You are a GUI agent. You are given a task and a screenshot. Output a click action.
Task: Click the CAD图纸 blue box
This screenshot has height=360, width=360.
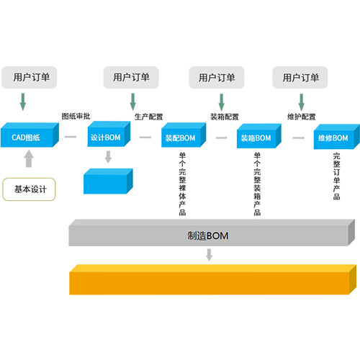(30, 135)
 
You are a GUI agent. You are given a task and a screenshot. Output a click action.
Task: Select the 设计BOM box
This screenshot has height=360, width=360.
(109, 134)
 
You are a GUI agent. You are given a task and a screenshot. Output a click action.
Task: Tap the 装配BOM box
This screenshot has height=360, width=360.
(184, 135)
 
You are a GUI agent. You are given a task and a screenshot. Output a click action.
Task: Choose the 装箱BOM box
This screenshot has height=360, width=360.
(258, 136)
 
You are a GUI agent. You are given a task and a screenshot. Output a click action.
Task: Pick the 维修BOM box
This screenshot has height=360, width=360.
(336, 137)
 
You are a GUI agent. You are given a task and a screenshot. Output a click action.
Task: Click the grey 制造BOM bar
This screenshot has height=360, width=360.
(212, 233)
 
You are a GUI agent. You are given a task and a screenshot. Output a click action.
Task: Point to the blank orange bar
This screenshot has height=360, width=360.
(212, 279)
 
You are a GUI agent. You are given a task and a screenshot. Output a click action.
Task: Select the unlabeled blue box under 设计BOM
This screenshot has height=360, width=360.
(108, 181)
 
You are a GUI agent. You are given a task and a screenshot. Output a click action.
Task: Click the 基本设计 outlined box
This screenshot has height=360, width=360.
(29, 189)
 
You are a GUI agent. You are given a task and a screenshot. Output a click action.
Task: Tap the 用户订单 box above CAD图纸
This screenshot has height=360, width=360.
(30, 78)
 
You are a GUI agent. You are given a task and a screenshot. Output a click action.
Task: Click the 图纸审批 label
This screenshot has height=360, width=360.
(76, 116)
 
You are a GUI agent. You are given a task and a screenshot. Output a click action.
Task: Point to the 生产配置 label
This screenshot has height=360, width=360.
(148, 117)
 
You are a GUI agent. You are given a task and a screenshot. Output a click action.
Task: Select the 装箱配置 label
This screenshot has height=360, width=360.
(225, 117)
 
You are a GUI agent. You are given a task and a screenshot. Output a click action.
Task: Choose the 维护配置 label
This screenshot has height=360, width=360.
(302, 117)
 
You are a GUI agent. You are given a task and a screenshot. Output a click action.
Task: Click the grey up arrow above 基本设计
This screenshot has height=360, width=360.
(29, 158)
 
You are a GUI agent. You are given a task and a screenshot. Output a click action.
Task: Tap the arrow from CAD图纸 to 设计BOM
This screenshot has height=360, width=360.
(71, 137)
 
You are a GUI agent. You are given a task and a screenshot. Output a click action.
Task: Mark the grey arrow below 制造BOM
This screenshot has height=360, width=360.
(210, 255)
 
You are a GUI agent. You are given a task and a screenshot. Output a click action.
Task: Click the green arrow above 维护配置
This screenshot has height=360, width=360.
(302, 102)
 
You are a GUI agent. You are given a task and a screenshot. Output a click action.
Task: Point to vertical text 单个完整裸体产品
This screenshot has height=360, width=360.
(182, 184)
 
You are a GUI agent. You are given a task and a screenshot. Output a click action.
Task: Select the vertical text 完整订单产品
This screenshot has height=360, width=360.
(336, 176)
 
